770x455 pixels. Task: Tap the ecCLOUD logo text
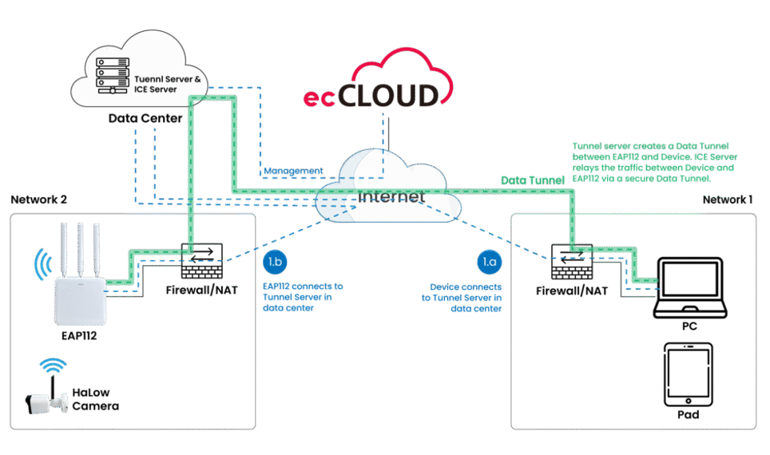[x=371, y=97]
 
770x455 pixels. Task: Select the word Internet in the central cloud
[x=391, y=196]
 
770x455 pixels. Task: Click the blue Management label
[x=294, y=171]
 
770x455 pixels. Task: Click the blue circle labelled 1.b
[x=273, y=262]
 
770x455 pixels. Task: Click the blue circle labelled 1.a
[x=487, y=262]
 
